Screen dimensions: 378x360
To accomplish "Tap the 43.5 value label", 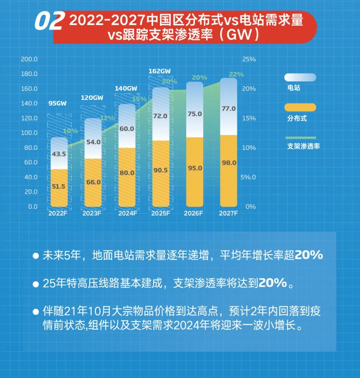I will point(59,154).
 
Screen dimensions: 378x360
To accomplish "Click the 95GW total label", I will point(57,103).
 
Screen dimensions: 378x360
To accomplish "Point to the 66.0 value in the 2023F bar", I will point(93,182).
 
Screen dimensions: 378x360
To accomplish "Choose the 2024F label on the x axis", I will point(128,213).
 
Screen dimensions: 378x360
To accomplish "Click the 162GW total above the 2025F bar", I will point(160,71).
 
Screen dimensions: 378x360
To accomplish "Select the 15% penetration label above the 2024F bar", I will point(139,99).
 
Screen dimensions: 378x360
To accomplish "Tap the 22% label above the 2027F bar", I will point(236,74).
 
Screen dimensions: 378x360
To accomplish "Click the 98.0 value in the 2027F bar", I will point(229,163).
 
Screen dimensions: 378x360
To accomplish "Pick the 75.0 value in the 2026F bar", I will point(195,114).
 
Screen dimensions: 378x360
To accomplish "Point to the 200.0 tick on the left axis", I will point(29,59).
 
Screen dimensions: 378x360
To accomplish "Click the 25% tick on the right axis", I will point(249,59).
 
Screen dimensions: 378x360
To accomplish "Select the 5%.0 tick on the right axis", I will point(248,177).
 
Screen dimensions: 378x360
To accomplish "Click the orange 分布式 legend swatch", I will point(300,107).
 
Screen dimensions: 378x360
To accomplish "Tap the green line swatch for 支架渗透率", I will point(301,137).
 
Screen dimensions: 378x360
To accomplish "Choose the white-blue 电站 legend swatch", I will point(300,77).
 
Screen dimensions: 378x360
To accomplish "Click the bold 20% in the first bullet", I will point(309,255).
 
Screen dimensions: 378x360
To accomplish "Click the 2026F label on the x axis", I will point(193,213).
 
